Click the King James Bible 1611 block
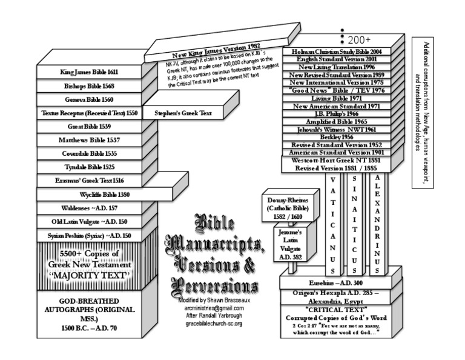pos(89,72)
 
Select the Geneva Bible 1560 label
pos(89,99)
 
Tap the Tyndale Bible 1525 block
pos(90,167)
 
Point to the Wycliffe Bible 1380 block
pos(104,195)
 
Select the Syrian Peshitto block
pos(90,236)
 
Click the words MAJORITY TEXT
pos(90,276)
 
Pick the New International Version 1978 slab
pos(336,82)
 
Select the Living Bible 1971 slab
pos(336,98)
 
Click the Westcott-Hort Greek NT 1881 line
pos(336,160)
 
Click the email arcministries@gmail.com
pos(214,308)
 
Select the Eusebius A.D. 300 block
pos(340,283)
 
